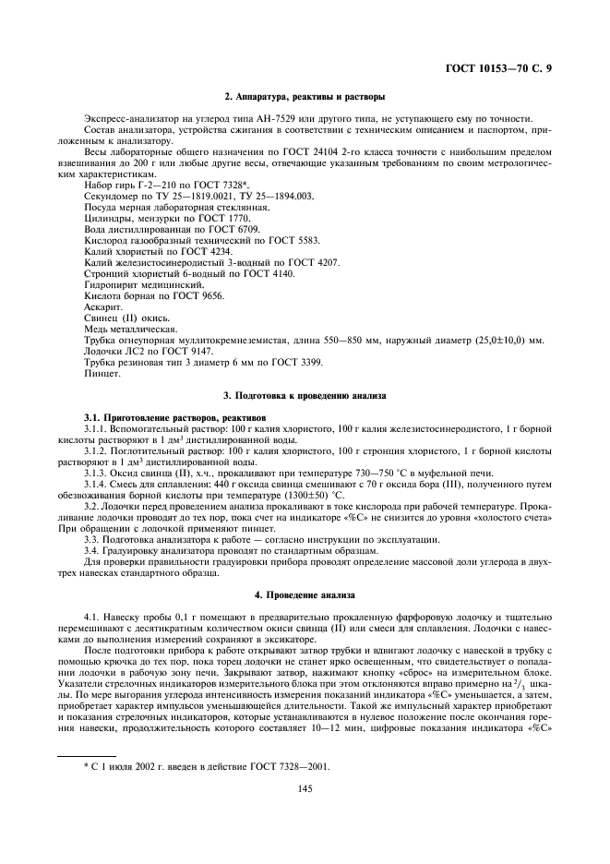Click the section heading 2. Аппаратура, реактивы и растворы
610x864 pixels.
click(305, 97)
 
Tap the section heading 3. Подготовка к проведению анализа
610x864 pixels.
click(305, 395)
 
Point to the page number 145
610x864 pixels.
click(305, 788)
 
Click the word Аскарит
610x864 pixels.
click(100, 306)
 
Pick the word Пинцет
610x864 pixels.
click(100, 373)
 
